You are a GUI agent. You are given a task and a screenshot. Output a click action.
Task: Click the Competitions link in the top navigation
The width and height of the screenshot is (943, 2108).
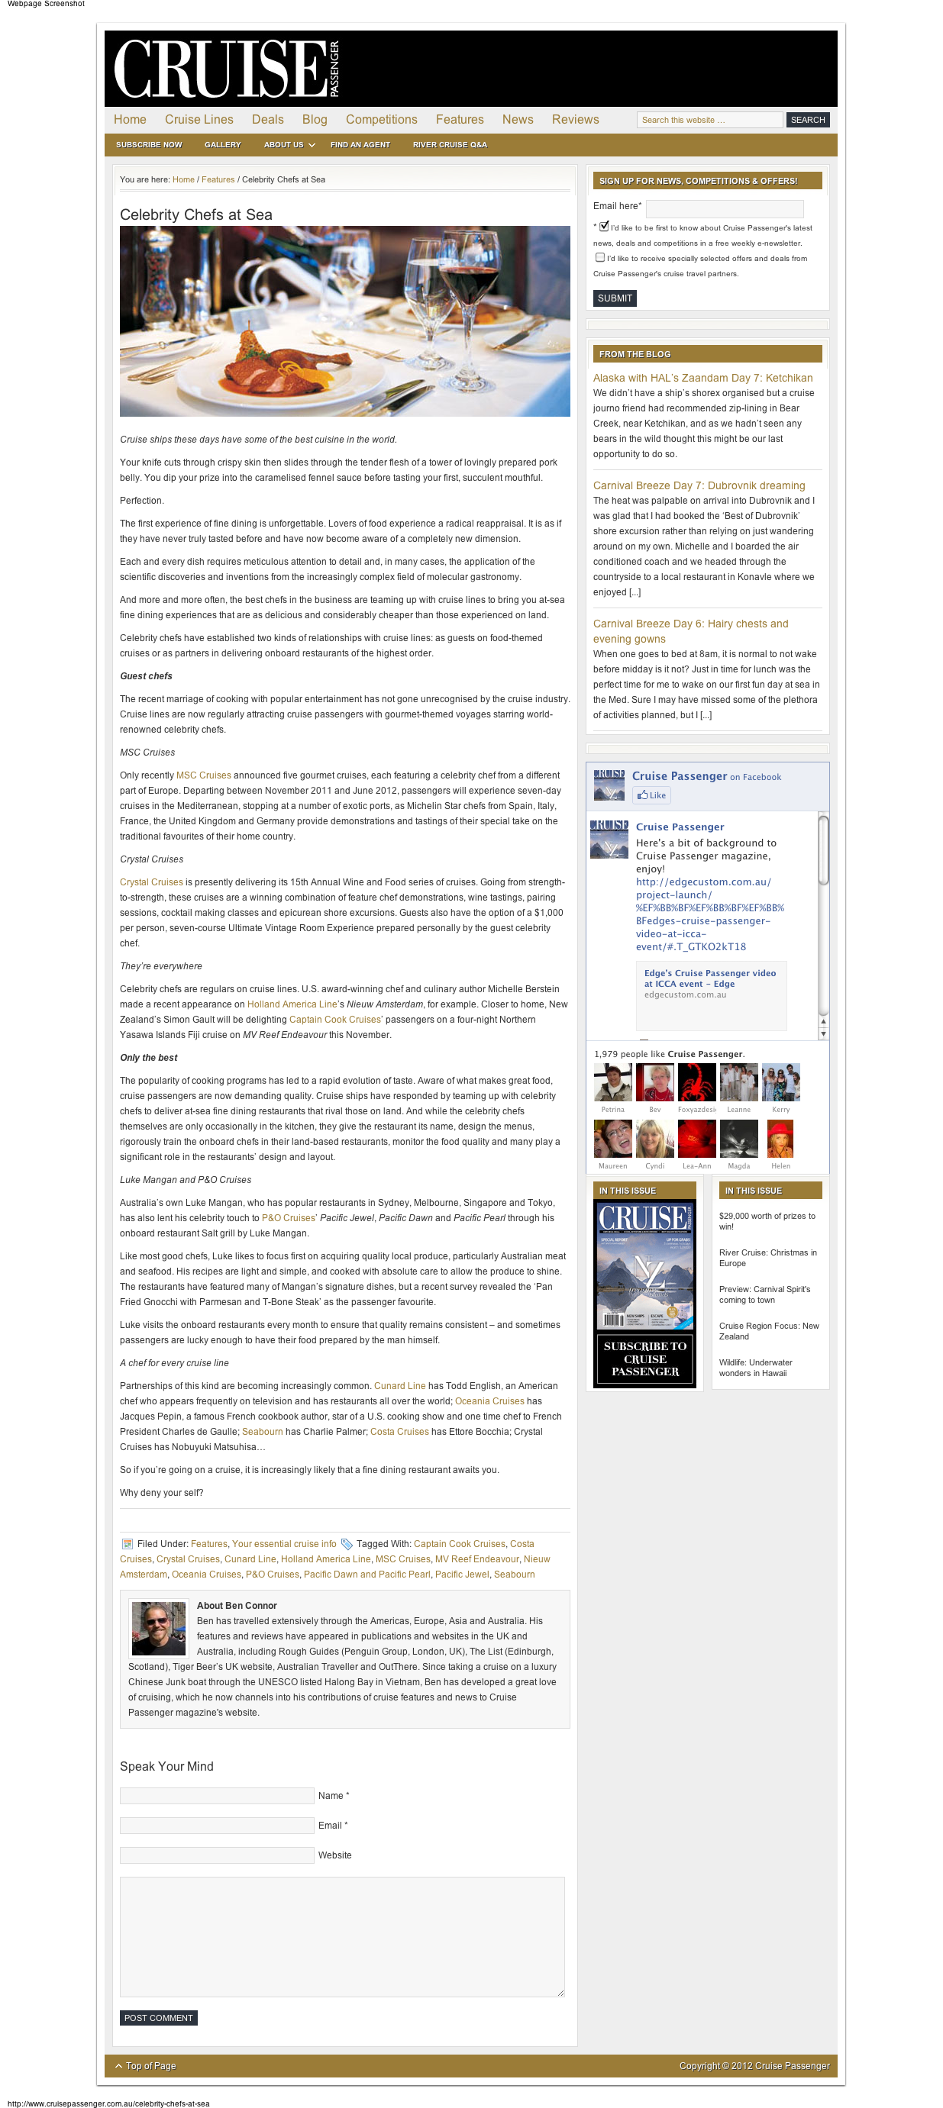(382, 120)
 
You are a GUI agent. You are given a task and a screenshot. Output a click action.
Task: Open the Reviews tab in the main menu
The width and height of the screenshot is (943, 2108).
(575, 120)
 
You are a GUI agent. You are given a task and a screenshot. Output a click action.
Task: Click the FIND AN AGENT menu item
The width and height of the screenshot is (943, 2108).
(360, 145)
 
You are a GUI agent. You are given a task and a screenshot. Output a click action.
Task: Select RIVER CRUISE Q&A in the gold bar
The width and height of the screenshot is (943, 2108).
(450, 145)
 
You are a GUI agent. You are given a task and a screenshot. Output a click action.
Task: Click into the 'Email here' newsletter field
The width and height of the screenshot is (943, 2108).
(725, 208)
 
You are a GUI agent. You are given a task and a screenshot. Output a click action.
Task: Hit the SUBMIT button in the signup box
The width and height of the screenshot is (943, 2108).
(615, 298)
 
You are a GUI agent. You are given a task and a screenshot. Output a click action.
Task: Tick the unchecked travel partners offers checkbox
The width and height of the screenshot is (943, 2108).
(600, 258)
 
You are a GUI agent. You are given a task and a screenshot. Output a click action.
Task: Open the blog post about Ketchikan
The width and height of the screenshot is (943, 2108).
(702, 378)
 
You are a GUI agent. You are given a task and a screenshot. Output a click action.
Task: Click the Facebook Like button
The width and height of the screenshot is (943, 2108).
(651, 795)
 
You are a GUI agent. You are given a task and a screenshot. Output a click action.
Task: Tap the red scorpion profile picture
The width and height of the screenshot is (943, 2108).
(696, 1081)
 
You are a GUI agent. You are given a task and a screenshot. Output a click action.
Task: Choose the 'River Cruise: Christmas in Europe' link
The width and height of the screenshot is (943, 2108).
(767, 1258)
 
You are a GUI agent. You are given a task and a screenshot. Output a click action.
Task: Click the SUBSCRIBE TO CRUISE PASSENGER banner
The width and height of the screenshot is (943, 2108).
(645, 1359)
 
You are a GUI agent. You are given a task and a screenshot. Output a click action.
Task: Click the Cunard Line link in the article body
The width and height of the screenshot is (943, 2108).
(399, 1386)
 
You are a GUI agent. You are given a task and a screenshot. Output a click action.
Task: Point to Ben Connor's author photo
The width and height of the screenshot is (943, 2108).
(159, 1629)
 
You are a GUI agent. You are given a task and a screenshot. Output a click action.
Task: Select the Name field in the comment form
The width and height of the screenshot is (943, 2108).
(217, 1795)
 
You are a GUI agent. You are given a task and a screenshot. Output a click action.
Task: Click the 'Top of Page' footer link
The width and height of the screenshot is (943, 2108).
(150, 2066)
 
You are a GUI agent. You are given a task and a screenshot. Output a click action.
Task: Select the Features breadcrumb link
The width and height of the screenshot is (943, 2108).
(218, 180)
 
